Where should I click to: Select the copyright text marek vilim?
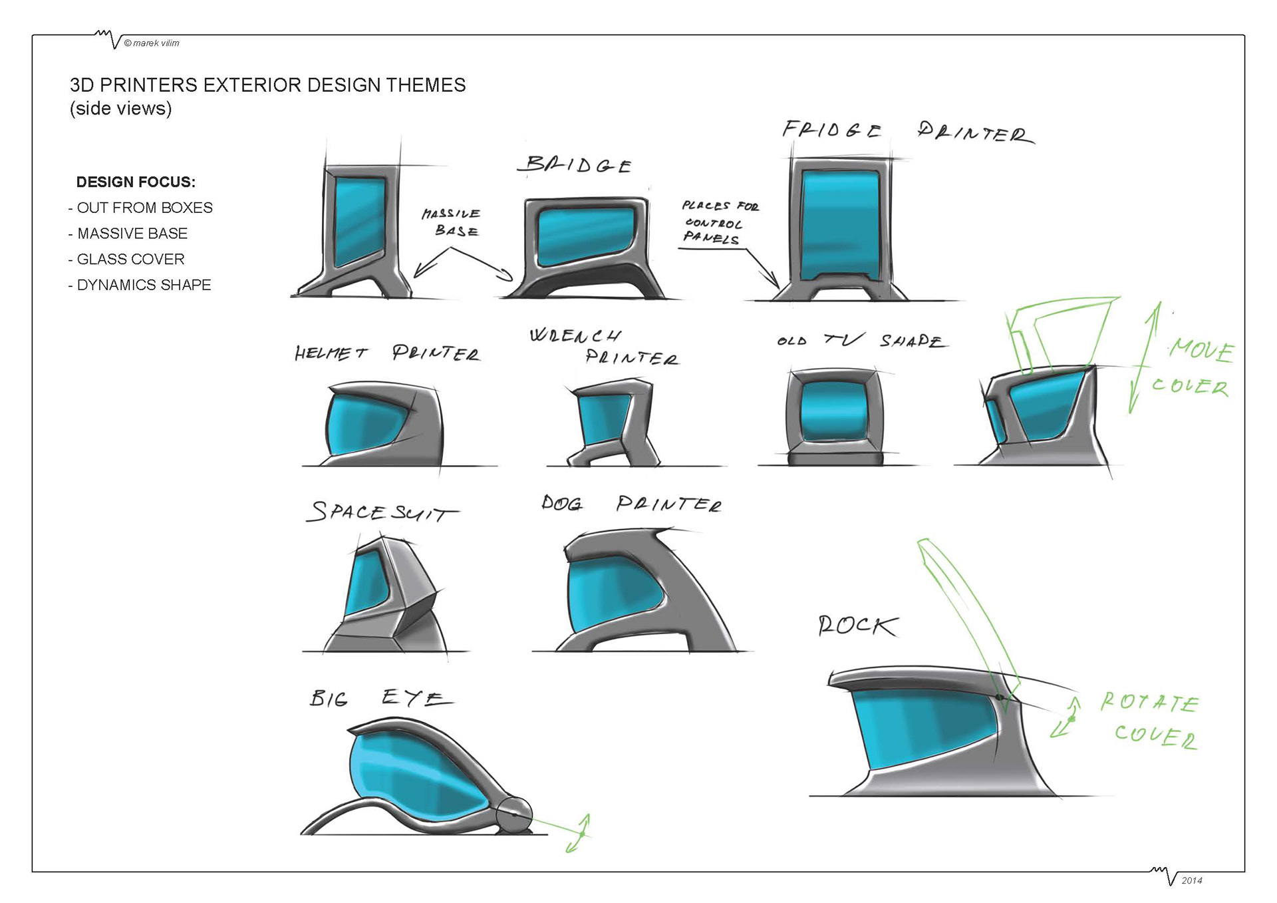tap(152, 43)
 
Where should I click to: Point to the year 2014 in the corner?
tap(1191, 880)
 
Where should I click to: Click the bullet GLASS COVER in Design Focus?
tap(130, 260)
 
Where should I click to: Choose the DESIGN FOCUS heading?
tap(136, 182)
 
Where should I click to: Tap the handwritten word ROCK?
tap(857, 626)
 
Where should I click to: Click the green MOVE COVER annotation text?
tap(1195, 368)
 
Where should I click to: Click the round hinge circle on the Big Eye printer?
tap(514, 813)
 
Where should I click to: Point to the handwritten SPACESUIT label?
tap(380, 512)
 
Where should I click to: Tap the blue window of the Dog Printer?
tap(609, 596)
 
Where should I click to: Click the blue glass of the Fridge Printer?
tap(839, 225)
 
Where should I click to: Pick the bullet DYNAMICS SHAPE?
tap(144, 285)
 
